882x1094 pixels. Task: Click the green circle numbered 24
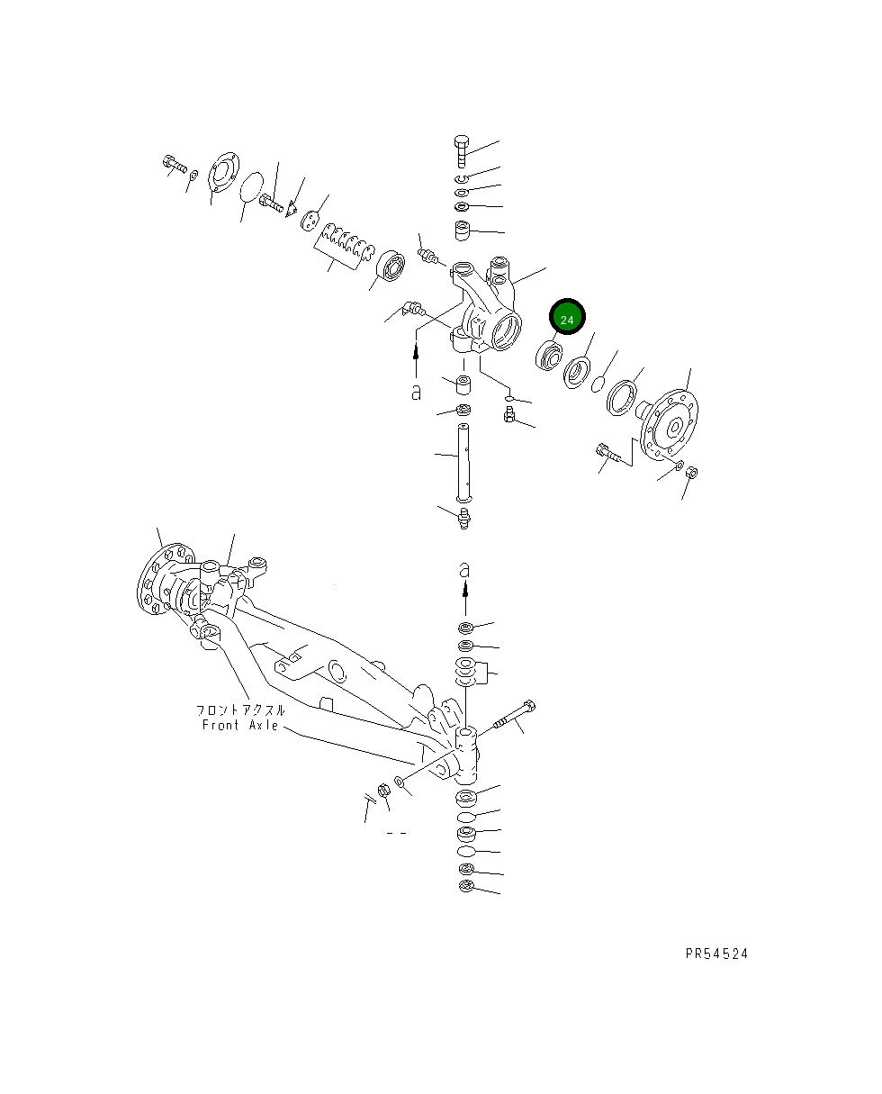(x=567, y=319)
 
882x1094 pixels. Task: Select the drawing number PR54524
(x=715, y=954)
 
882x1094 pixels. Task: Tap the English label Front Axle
(x=239, y=725)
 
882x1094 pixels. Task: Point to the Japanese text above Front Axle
(x=240, y=710)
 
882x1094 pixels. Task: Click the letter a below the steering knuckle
(x=416, y=393)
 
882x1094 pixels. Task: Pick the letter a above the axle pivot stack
(x=464, y=570)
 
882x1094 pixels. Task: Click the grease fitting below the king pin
(x=464, y=519)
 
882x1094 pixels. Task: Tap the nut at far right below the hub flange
(x=691, y=473)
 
